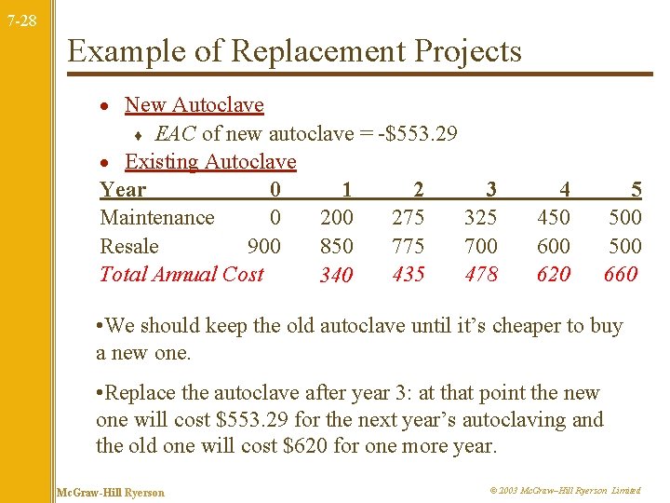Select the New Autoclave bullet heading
click(x=194, y=105)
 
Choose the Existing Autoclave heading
click(x=210, y=162)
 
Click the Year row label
click(x=123, y=190)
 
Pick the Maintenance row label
click(x=156, y=218)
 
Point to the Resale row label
click(x=129, y=246)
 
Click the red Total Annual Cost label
click(x=181, y=274)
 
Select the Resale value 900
click(x=264, y=246)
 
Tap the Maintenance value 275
click(x=409, y=218)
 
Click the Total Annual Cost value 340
click(x=336, y=275)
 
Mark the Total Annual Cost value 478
click(x=481, y=274)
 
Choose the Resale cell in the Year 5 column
click(x=624, y=246)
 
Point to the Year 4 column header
click(x=564, y=190)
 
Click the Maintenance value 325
click(x=481, y=218)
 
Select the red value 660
click(x=621, y=274)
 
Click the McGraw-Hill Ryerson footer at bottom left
click(x=110, y=492)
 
